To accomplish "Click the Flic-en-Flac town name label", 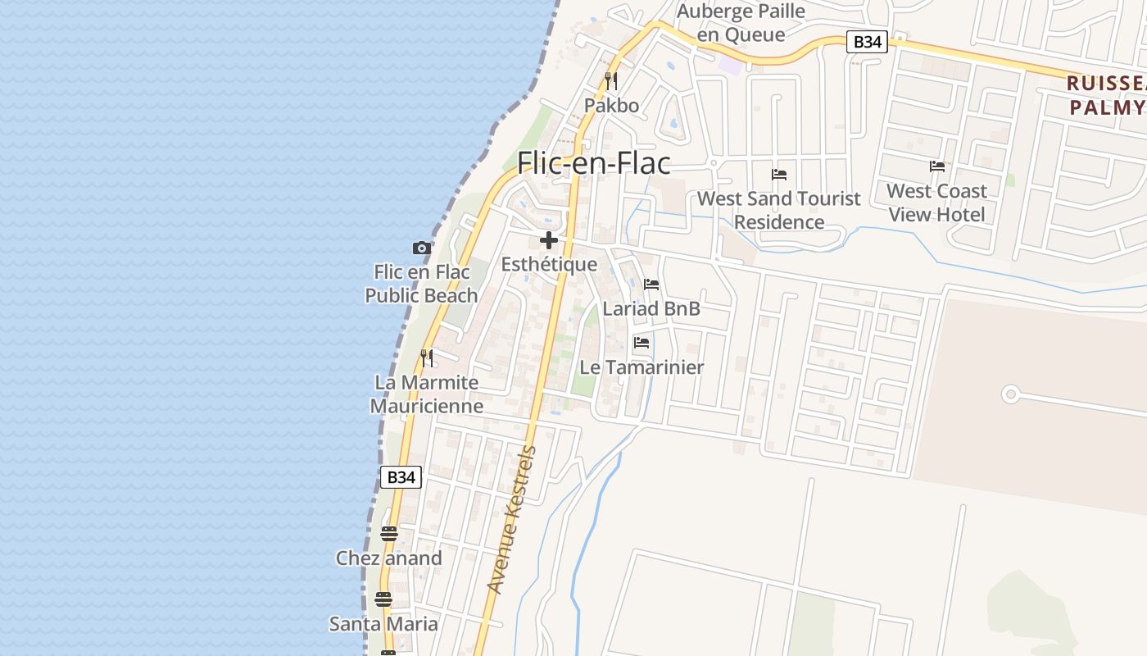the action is click(593, 163).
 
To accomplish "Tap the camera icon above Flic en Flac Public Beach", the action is click(421, 248).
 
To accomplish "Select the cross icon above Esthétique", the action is click(549, 240).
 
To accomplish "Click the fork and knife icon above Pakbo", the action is click(611, 81).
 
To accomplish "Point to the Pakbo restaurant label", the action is click(611, 106).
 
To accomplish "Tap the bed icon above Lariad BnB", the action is click(651, 285).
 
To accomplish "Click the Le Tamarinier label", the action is click(642, 367).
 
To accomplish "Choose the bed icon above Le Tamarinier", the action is click(642, 343).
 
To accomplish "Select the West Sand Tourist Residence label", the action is click(778, 210).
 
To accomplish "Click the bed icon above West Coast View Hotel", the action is click(937, 166).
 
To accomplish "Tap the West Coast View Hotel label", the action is click(937, 203).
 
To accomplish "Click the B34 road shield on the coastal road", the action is click(401, 477).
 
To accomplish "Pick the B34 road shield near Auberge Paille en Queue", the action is click(867, 42).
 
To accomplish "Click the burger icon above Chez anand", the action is click(389, 534).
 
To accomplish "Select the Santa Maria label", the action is click(383, 624).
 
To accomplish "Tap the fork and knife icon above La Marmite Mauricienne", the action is click(427, 358).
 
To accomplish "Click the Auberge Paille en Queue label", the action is click(741, 23).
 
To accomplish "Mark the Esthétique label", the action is click(549, 264).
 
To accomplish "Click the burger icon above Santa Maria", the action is click(383, 599).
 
